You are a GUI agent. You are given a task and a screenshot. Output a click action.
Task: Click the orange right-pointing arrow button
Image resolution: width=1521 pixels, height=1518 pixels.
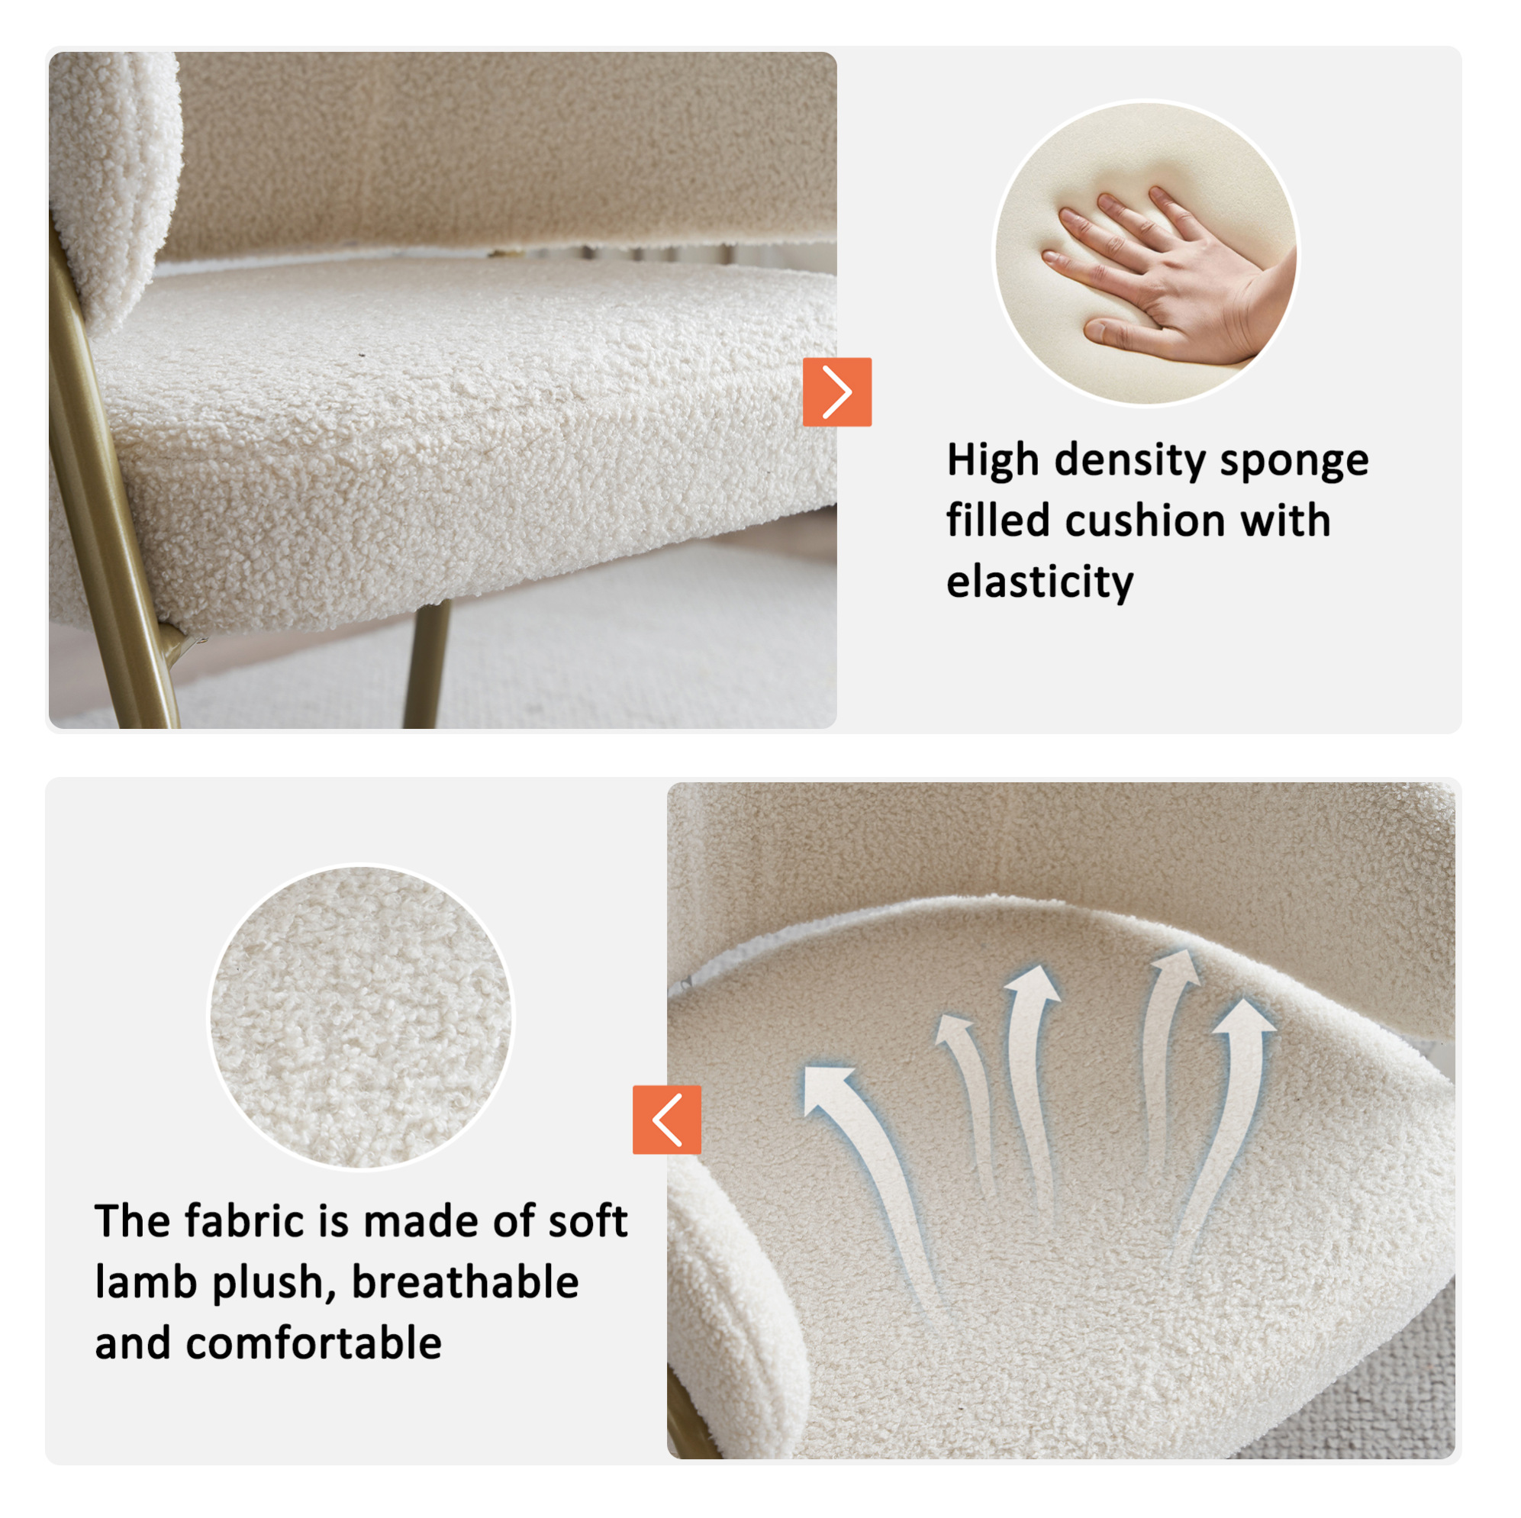(x=837, y=392)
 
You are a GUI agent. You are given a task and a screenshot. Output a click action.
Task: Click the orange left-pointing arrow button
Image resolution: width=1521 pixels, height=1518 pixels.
(x=667, y=1120)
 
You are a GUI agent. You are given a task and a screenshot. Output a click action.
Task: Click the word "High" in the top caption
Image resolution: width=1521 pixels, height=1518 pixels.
(x=992, y=461)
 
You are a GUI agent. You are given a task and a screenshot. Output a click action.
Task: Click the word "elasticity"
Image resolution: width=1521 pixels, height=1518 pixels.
(x=1040, y=582)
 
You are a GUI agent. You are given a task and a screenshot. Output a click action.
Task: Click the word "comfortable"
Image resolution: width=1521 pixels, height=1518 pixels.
(x=314, y=1343)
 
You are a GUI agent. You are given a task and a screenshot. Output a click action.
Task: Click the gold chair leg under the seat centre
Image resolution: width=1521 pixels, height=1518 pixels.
(x=427, y=663)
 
